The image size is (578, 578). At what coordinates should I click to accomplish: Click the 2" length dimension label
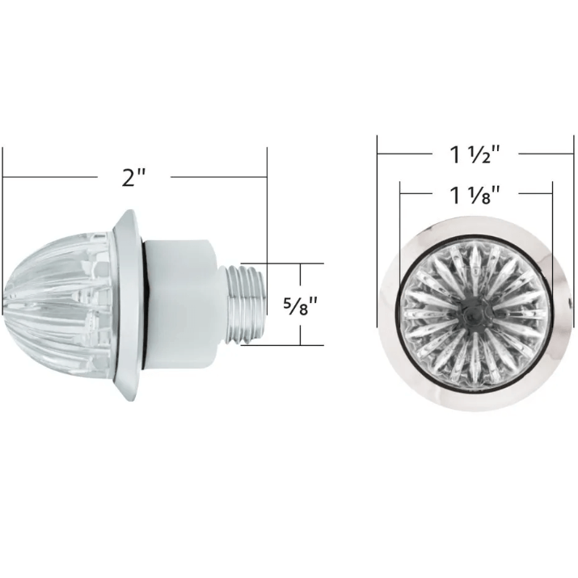coord(134,177)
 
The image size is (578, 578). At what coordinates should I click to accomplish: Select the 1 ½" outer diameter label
coord(475,154)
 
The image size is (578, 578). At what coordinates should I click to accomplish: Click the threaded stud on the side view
coord(245,305)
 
